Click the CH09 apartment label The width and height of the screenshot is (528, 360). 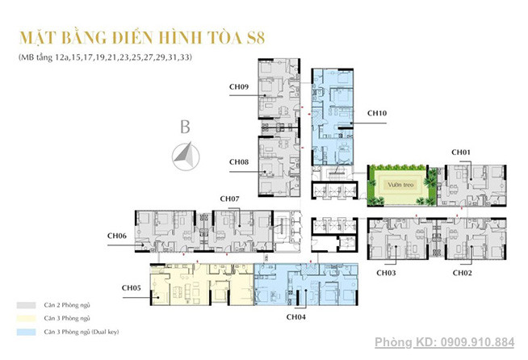pos(239,87)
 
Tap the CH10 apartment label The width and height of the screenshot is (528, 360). pos(376,114)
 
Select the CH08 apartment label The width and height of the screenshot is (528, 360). pos(239,162)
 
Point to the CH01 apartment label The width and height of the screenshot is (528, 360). pos(461,152)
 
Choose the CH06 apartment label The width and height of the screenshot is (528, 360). pos(117,235)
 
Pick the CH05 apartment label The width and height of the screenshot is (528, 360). pos(132,287)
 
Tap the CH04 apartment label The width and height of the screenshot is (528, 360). pos(296,317)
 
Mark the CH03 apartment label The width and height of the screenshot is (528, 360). pos(386,274)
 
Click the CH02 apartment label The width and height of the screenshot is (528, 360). pos(462,274)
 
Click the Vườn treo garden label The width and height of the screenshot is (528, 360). pos(396,184)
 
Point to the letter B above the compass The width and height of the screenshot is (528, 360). pos(185,127)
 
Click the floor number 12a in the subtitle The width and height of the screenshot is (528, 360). pos(60,58)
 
